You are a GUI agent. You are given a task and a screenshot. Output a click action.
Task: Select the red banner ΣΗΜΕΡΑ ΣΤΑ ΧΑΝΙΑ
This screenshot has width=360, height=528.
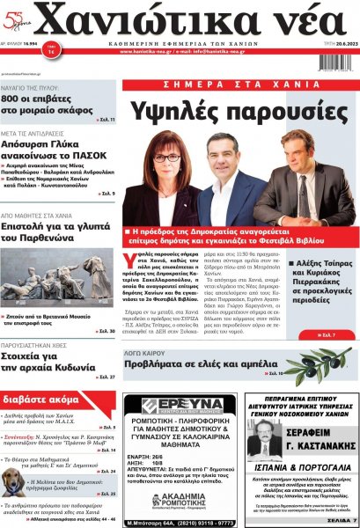(x=240, y=84)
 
